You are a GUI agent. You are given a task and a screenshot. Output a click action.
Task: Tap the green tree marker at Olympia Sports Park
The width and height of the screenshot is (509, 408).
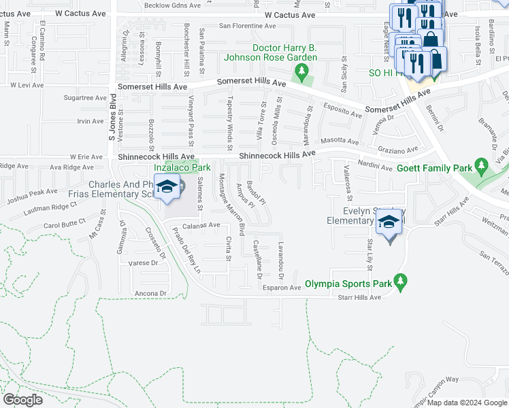pyautogui.click(x=401, y=282)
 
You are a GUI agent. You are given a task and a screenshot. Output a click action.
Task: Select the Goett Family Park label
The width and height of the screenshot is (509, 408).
pyautogui.click(x=434, y=168)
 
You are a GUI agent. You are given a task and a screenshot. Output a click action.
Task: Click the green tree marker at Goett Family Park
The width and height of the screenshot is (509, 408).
pyautogui.click(x=482, y=165)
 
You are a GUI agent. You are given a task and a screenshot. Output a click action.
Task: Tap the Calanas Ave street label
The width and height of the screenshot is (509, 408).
pyautogui.click(x=200, y=225)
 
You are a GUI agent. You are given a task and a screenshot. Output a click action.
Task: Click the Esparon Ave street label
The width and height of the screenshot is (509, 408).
pyautogui.click(x=282, y=288)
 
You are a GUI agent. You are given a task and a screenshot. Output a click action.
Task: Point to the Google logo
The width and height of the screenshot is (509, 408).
pyautogui.click(x=22, y=400)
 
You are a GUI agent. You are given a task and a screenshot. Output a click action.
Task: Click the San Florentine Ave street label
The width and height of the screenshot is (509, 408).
pyautogui.click(x=247, y=27)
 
